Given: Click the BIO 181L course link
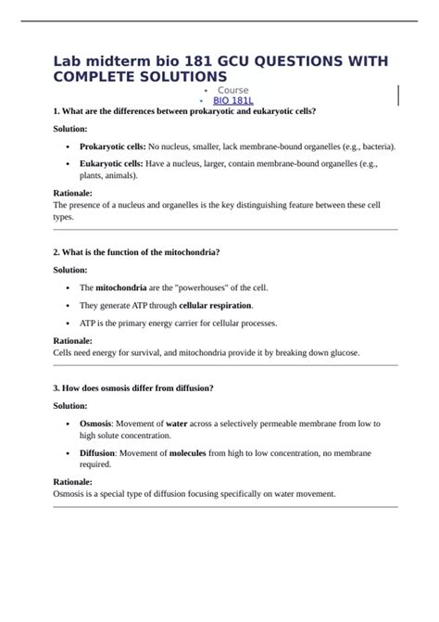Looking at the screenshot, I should point(233,99).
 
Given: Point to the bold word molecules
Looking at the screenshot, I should point(194,453).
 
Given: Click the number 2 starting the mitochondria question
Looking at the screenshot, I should point(56,252).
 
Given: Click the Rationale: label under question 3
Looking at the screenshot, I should point(73,483).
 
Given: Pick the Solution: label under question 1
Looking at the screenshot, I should point(70,129).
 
